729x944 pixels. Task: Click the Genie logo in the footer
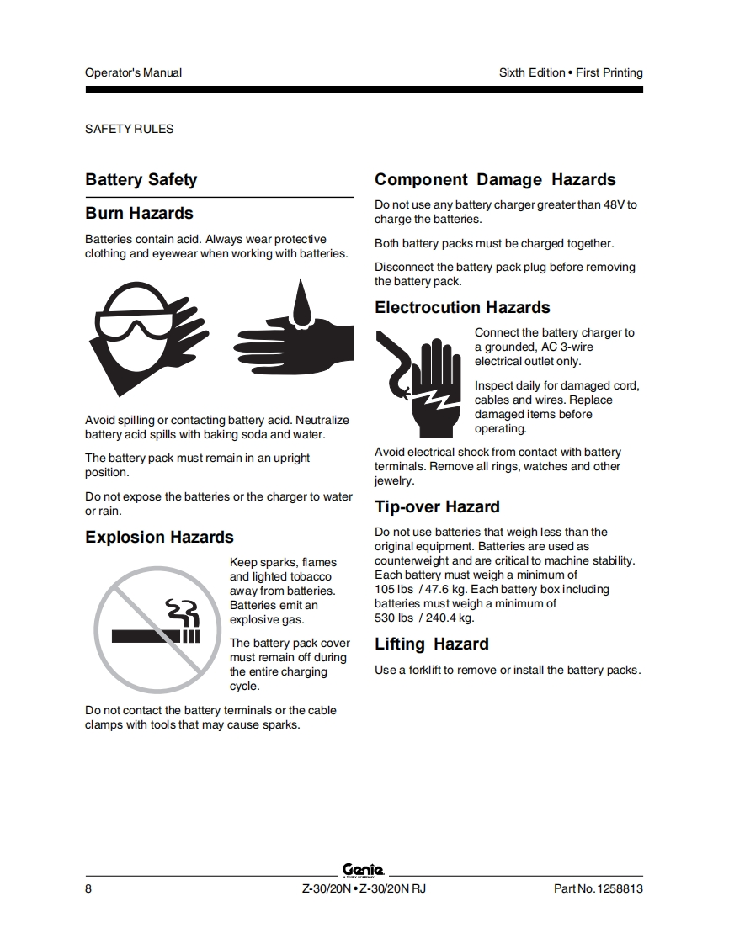[363, 870]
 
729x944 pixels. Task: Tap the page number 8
[88, 889]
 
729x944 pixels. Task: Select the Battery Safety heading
[141, 179]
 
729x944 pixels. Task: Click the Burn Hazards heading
[139, 213]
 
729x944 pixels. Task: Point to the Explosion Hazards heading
[159, 537]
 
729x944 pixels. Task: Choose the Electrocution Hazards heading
[462, 307]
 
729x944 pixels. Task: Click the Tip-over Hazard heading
[437, 506]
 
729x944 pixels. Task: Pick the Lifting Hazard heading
[431, 644]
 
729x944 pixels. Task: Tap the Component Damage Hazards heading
[495, 179]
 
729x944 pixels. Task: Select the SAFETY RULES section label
[129, 129]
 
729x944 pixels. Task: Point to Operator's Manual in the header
[133, 72]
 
